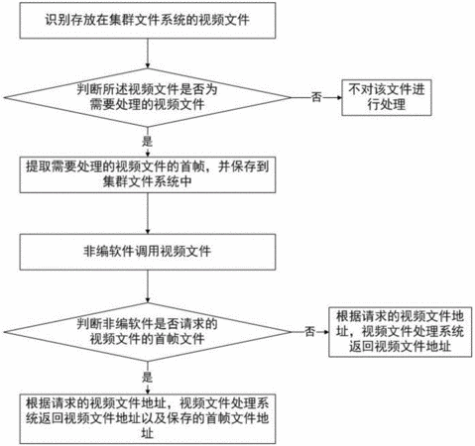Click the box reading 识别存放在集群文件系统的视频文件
pyautogui.click(x=148, y=21)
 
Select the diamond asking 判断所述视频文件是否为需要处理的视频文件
pyautogui.click(x=148, y=97)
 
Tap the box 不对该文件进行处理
pyautogui.click(x=387, y=97)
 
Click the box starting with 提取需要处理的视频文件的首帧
pyautogui.click(x=148, y=174)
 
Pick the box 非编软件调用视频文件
pyautogui.click(x=148, y=252)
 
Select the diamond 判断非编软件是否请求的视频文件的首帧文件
pyautogui.click(x=148, y=332)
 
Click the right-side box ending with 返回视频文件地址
pyautogui.click(x=401, y=332)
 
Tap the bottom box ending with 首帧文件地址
pyautogui.click(x=148, y=418)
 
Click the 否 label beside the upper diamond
pyautogui.click(x=316, y=97)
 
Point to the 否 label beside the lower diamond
pyautogui.click(x=309, y=331)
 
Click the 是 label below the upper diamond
pyautogui.click(x=148, y=142)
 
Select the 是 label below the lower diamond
pyautogui.click(x=148, y=377)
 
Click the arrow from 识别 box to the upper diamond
pyautogui.click(x=148, y=54)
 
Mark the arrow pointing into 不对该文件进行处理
pyautogui.click(x=332, y=97)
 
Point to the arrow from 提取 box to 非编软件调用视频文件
pyautogui.click(x=148, y=213)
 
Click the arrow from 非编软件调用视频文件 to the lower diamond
pyautogui.click(x=148, y=286)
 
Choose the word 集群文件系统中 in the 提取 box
pyautogui.click(x=148, y=181)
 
